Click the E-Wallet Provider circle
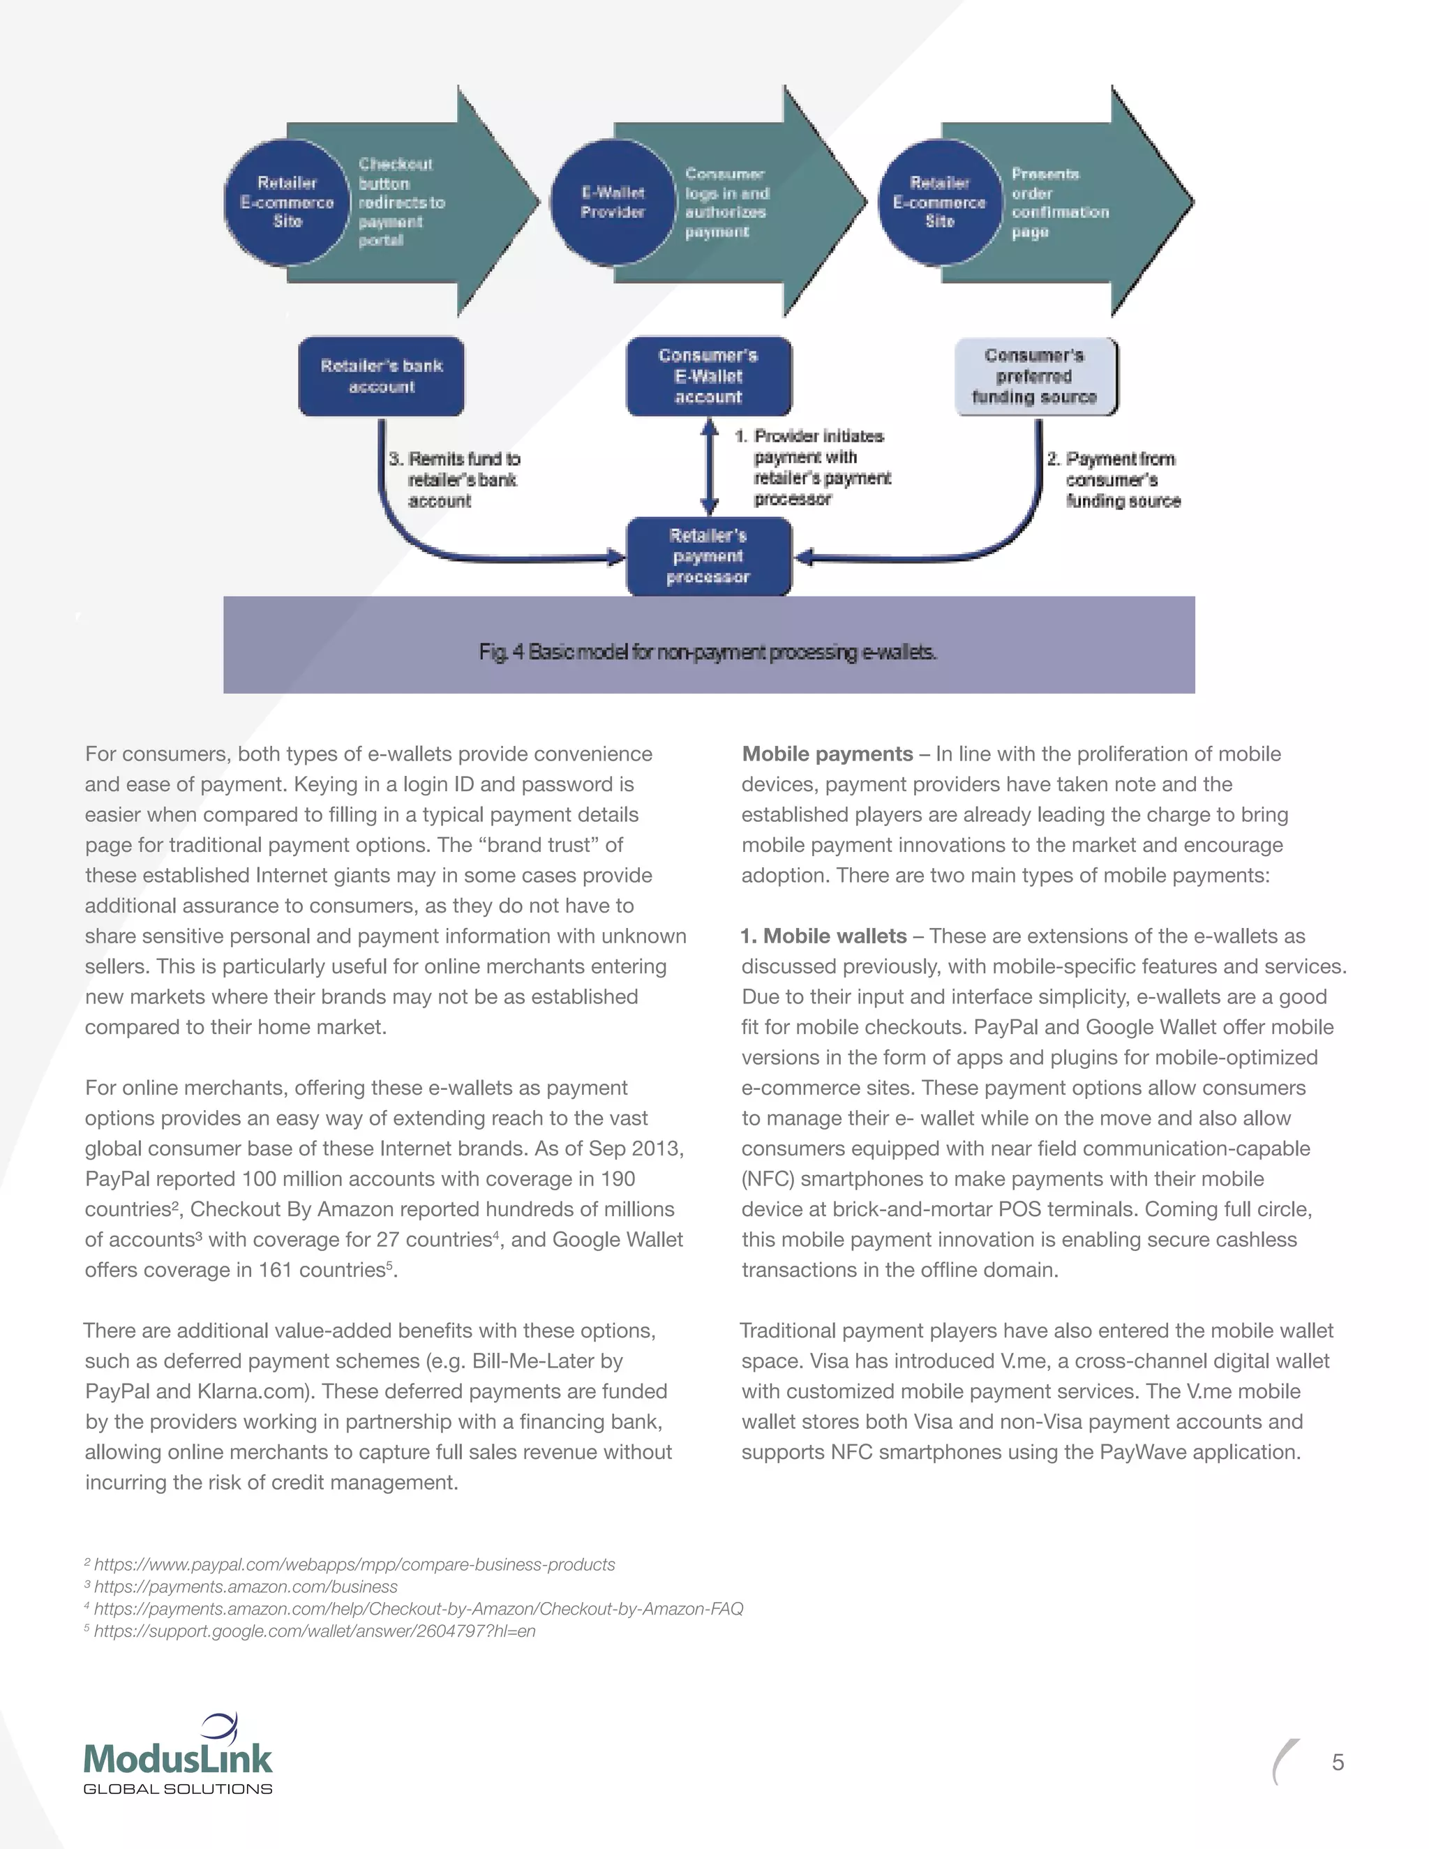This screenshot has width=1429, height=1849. [612, 202]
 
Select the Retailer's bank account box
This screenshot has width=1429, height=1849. [381, 377]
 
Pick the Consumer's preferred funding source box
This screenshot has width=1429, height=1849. [1035, 377]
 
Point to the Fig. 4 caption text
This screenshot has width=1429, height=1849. [708, 652]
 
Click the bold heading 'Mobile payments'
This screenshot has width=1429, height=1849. [827, 754]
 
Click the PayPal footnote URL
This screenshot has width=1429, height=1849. [354, 1564]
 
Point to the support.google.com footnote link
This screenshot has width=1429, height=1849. [314, 1631]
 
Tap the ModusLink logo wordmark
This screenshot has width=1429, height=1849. [178, 1759]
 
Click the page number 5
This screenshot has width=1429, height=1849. [1338, 1762]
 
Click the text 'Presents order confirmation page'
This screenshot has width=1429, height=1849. [1058, 202]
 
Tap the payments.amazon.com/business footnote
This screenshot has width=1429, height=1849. [246, 1587]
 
